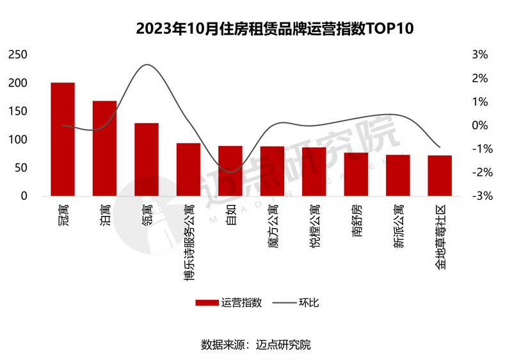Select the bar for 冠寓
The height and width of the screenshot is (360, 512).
63,139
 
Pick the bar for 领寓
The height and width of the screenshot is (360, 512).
147,159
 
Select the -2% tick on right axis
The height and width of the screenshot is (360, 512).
479,172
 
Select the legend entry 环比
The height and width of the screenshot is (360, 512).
297,302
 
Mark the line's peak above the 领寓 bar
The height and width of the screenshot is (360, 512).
147,65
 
